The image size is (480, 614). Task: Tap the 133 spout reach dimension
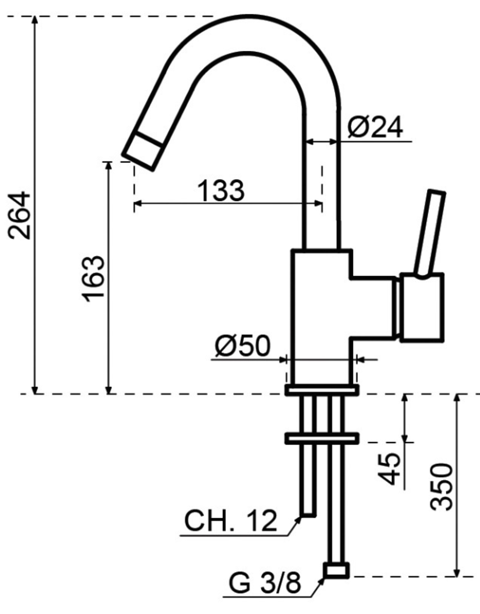tap(221, 191)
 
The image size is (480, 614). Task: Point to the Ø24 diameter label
tap(375, 127)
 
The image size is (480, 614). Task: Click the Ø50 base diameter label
tap(242, 346)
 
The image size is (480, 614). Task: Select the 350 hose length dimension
tap(441, 486)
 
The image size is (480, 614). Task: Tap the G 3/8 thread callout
tap(265, 583)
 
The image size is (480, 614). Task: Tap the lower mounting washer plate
tap(322, 439)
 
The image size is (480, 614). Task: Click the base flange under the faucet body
tap(322, 390)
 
